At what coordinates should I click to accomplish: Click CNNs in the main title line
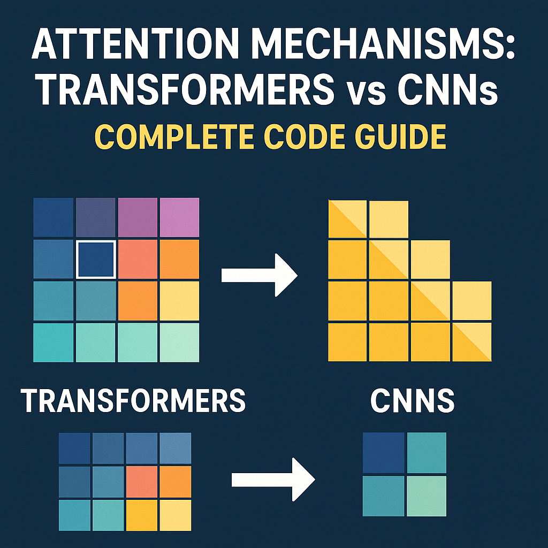448,89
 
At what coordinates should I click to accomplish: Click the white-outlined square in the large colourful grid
96,260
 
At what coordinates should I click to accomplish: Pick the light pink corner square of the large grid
180,217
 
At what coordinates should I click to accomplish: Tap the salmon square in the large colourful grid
138,259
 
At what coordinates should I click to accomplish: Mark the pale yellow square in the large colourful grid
180,301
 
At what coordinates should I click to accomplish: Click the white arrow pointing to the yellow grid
260,275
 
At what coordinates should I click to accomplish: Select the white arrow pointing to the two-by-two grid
273,479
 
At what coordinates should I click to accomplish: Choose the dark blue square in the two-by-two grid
383,453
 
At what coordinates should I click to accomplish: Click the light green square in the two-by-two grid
427,496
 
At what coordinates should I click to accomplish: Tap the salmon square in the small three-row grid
141,482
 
